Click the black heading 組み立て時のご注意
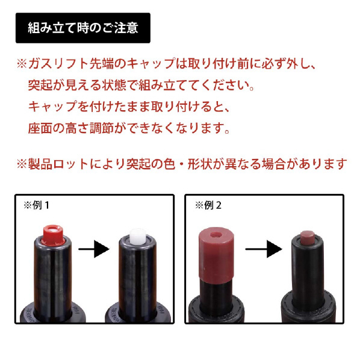(83, 28)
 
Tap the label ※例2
(208, 205)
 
